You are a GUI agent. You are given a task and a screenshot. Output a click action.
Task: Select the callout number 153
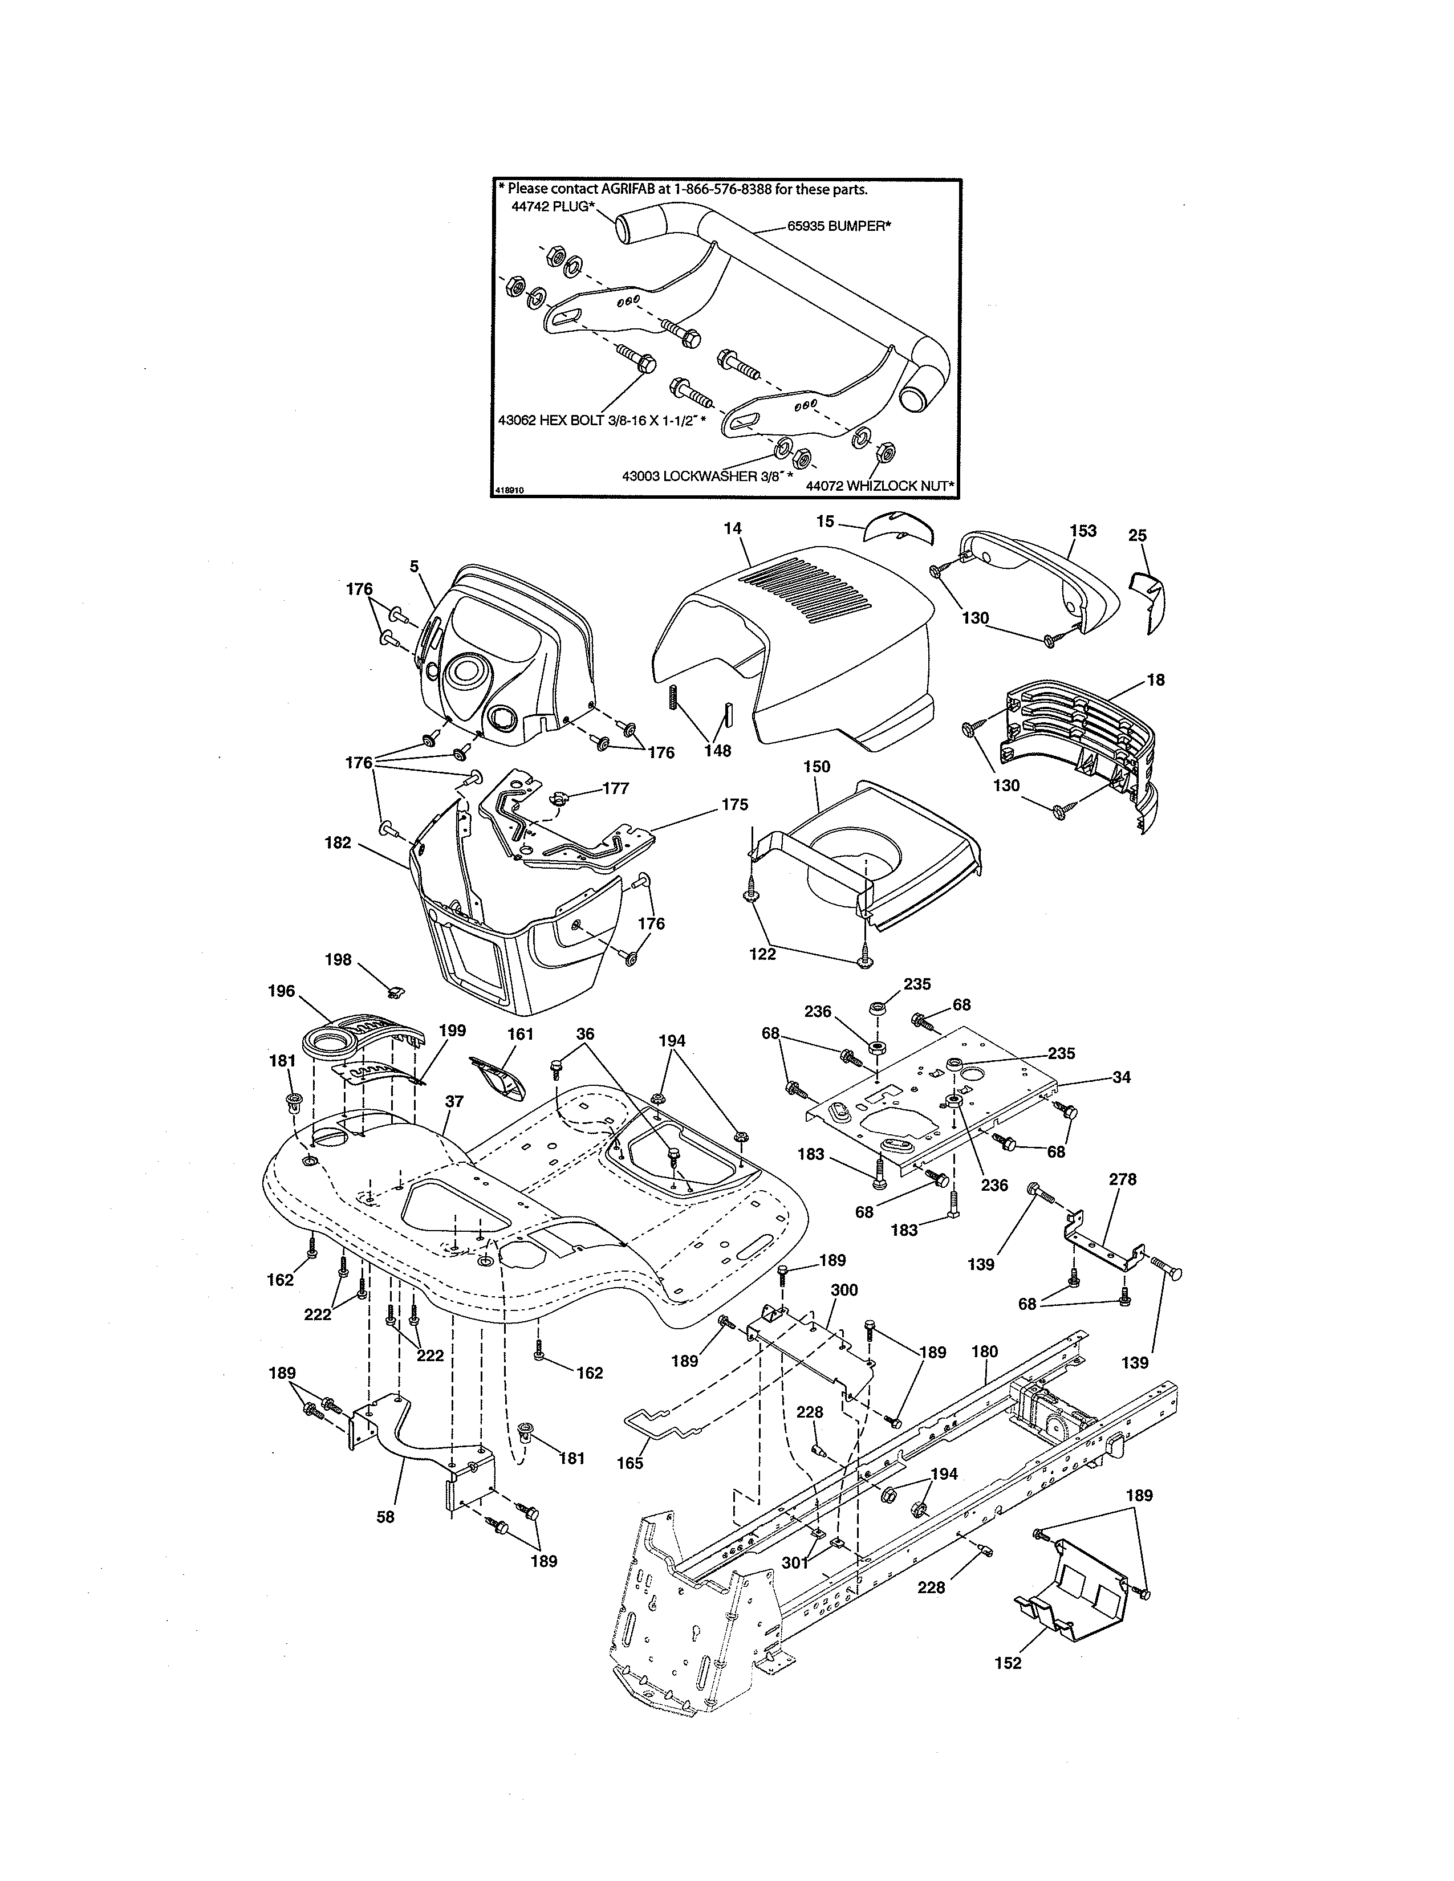pyautogui.click(x=1083, y=531)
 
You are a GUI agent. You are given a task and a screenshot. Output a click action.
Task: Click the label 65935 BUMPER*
pyautogui.click(x=838, y=226)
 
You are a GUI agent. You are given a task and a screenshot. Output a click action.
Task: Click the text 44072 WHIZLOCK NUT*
pyautogui.click(x=879, y=486)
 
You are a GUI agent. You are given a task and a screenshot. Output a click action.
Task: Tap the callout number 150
pyautogui.click(x=817, y=767)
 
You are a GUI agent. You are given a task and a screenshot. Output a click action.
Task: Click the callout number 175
pyautogui.click(x=735, y=804)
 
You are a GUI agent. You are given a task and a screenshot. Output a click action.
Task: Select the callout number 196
pyautogui.click(x=282, y=991)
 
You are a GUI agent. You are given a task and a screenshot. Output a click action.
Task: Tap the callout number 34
pyautogui.click(x=1120, y=1077)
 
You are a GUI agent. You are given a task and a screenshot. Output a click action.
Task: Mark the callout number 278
pyautogui.click(x=1122, y=1179)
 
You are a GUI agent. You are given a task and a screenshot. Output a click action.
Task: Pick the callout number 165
pyautogui.click(x=629, y=1463)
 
